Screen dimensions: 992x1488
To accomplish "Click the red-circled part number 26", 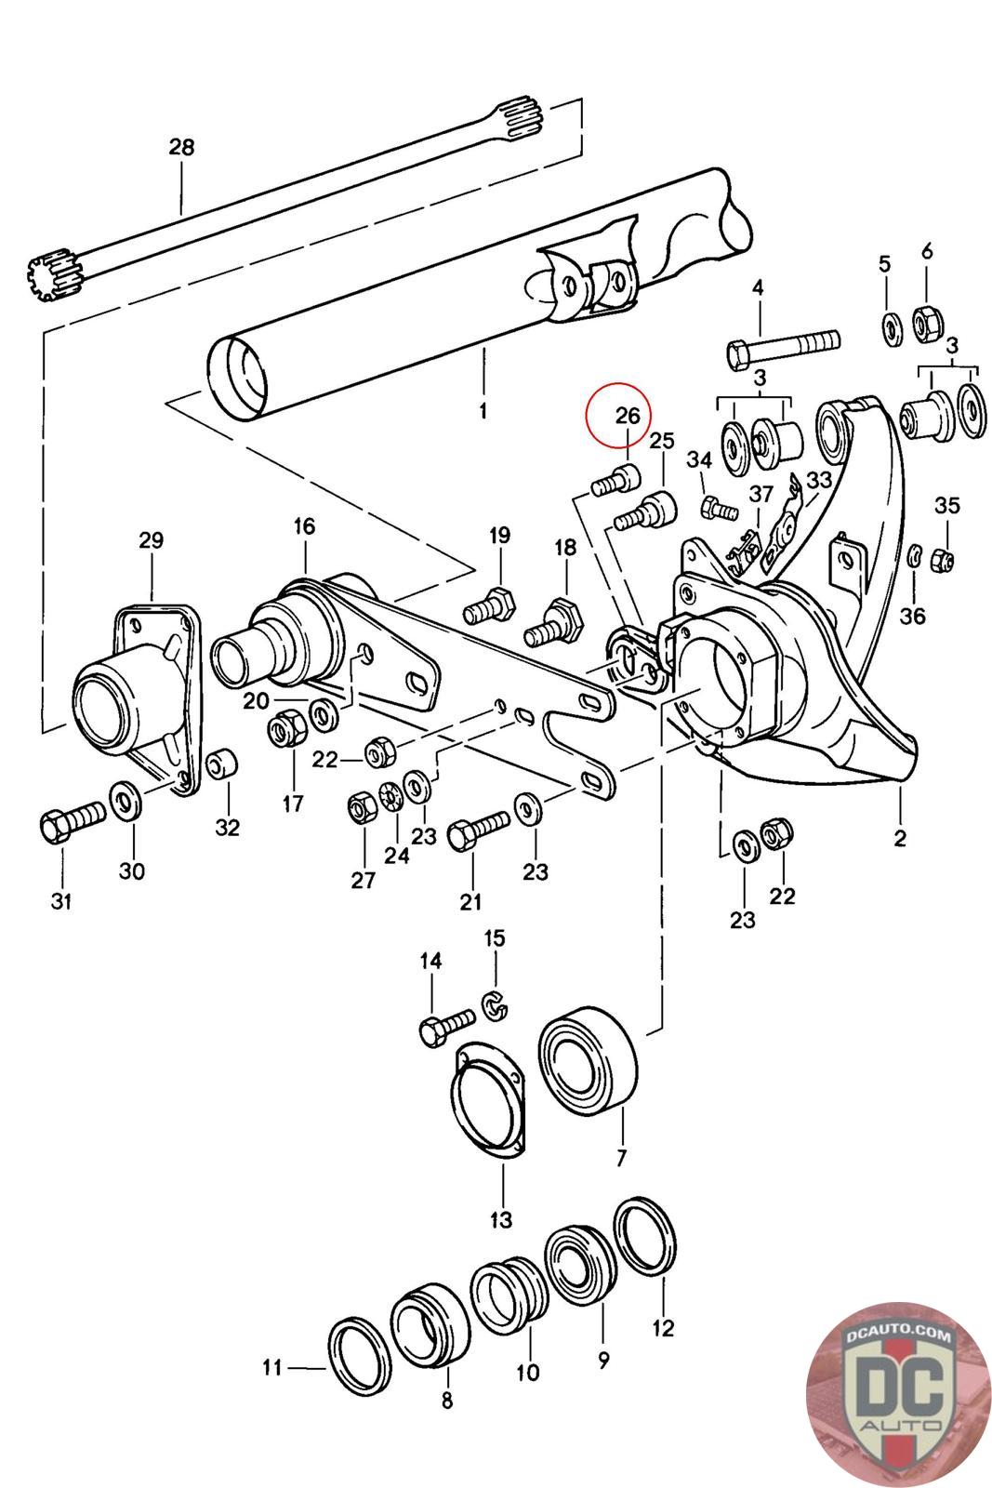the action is (628, 415).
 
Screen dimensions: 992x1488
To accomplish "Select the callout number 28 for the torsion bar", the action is (181, 147).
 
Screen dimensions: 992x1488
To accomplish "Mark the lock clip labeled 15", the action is (496, 1005).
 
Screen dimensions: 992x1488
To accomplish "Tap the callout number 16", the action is (304, 526).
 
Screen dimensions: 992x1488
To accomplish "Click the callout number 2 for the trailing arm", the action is (900, 838).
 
